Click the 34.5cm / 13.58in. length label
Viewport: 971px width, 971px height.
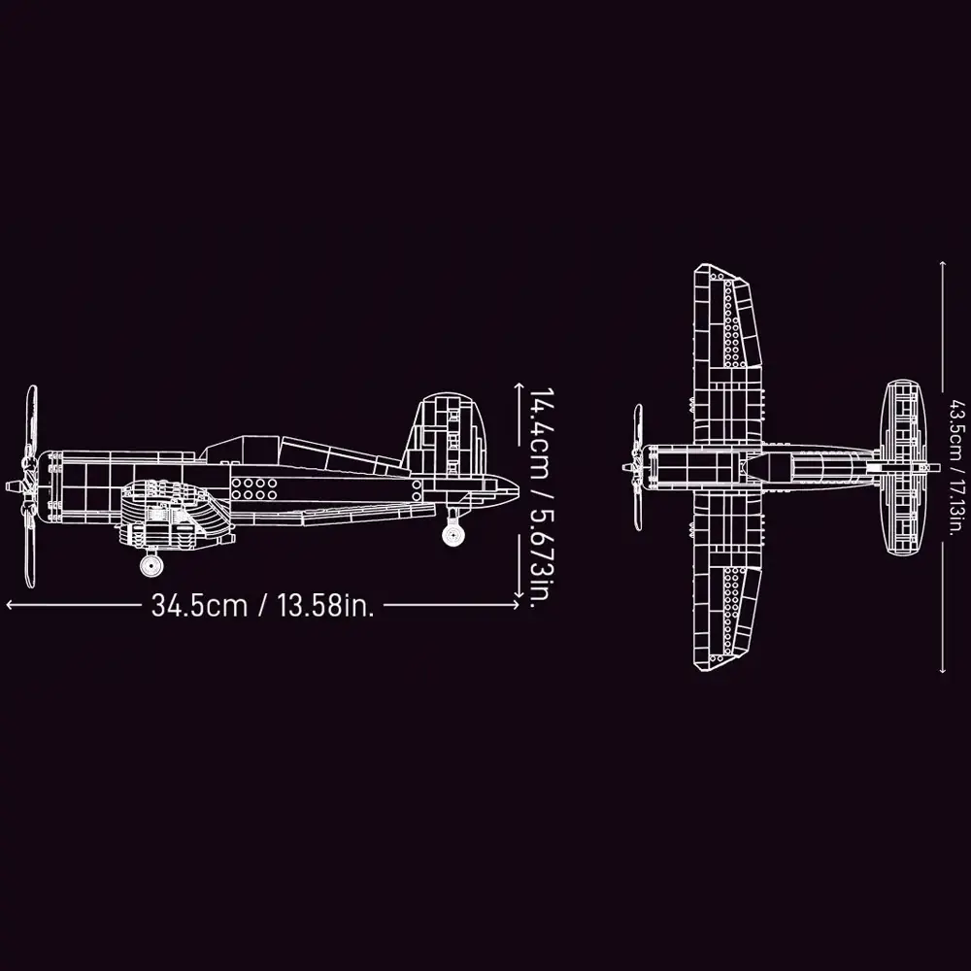tap(262, 605)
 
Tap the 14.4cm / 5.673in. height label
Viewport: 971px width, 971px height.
tap(541, 498)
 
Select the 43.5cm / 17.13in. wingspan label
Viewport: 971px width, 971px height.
tap(957, 466)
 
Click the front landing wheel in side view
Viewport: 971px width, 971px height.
tap(151, 565)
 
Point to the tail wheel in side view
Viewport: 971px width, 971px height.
tap(453, 534)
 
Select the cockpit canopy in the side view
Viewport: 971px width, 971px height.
tap(302, 457)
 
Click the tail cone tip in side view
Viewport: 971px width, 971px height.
tap(518, 484)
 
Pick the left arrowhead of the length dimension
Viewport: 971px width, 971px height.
tap(9, 605)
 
